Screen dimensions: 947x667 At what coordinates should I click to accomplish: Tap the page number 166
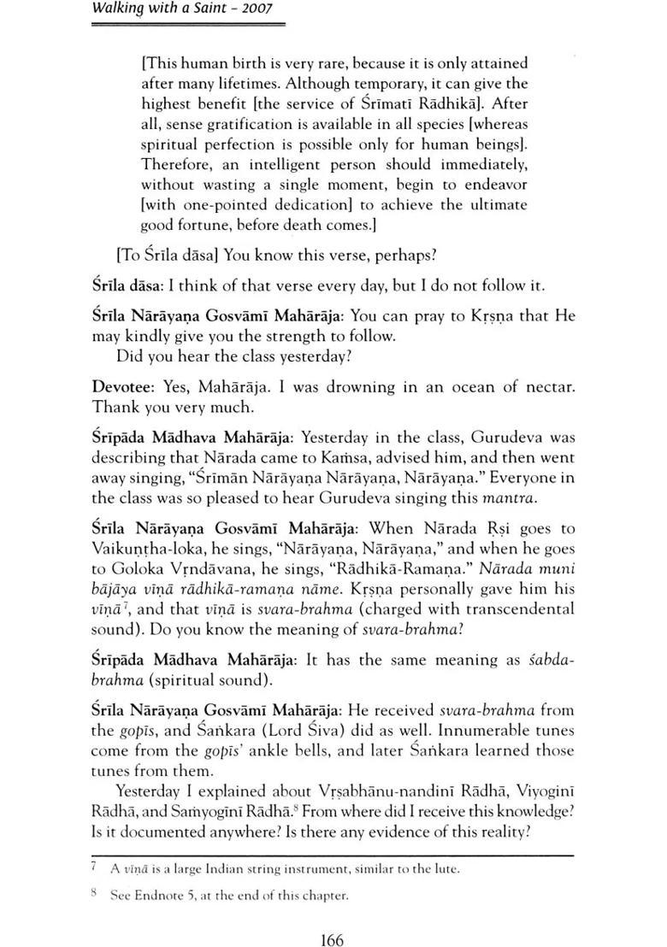(331, 917)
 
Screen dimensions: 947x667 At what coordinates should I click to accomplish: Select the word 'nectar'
(545, 386)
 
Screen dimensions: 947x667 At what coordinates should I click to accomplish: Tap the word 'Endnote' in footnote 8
(164, 897)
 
